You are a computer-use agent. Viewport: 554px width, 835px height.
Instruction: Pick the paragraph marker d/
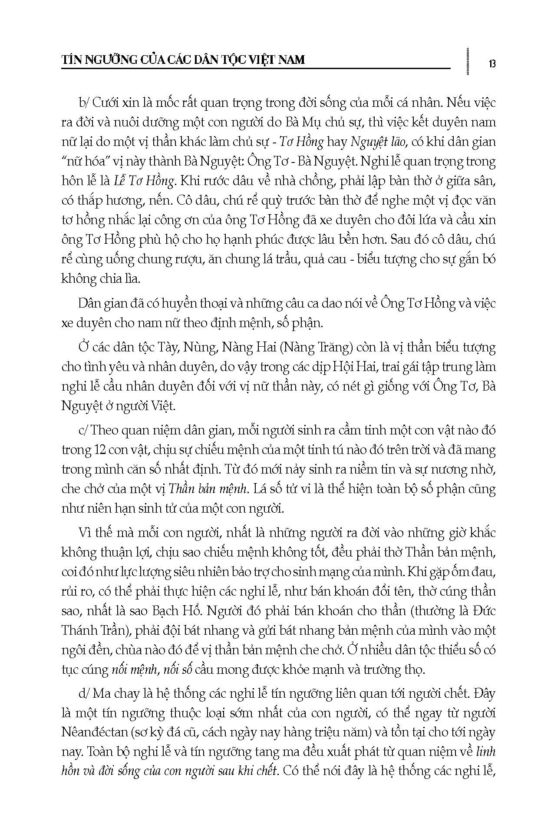(84, 693)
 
